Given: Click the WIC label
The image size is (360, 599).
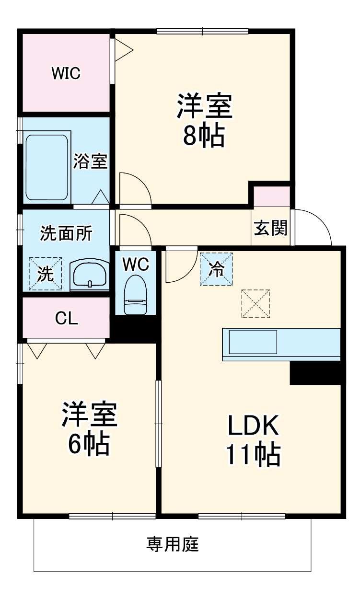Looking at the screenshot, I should click(x=66, y=73).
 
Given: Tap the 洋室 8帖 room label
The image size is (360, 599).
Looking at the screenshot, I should click(x=205, y=121).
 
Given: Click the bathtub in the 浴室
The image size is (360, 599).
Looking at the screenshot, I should click(x=46, y=167).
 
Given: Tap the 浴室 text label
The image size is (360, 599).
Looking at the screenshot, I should click(x=90, y=161).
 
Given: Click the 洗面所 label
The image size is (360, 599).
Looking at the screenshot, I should click(x=66, y=233).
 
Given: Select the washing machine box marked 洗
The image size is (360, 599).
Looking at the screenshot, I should click(x=46, y=274).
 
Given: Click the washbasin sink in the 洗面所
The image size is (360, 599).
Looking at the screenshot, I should click(x=90, y=276).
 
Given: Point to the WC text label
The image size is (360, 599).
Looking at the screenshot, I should click(x=135, y=264).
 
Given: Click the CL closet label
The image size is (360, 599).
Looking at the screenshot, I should click(x=66, y=318).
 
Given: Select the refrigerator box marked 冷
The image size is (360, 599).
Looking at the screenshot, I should click(x=216, y=269).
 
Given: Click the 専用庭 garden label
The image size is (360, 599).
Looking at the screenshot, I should click(x=173, y=544).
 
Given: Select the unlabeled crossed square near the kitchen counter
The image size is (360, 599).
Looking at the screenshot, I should click(x=255, y=303).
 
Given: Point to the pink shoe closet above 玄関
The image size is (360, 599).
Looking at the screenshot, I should click(x=271, y=196).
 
